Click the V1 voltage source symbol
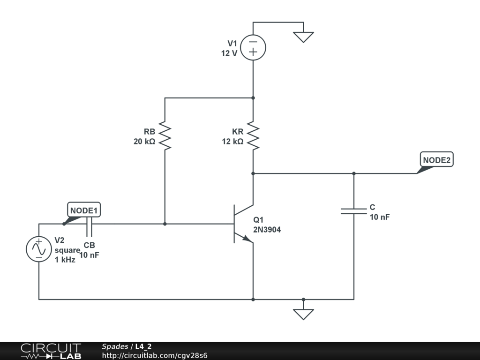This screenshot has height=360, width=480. pos(253,47)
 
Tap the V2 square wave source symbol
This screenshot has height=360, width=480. pos(39,249)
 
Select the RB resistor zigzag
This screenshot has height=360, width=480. pos(165,135)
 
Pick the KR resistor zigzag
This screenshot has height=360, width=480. pos(253,135)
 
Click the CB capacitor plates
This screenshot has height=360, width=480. pos(89,226)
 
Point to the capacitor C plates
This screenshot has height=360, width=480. pos(354,211)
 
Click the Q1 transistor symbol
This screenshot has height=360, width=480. pos(244,224)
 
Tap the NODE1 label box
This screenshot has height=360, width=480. pos(84,210)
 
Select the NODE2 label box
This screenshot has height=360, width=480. pos(436,159)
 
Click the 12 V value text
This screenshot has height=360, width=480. pos(229,53)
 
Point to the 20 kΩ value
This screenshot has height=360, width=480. pos(144,142)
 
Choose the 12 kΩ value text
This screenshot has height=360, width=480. pos(232,142)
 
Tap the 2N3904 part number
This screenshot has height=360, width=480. pos(267,230)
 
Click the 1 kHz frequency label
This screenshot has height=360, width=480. pos(65,260)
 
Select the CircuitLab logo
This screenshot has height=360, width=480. pos(51,351)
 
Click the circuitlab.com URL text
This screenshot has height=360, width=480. pos(155,355)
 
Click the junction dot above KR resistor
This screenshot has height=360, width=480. pos(253,98)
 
